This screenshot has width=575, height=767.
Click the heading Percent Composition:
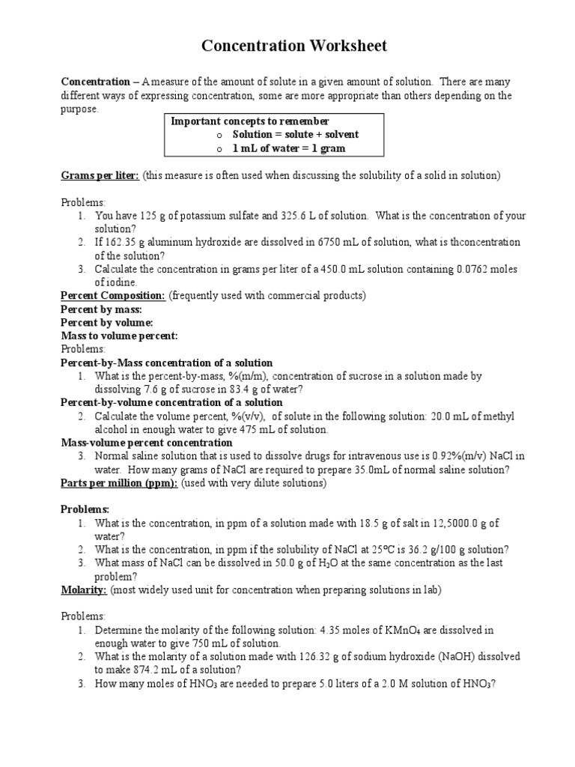coord(112,295)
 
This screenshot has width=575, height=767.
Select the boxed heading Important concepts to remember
coord(250,121)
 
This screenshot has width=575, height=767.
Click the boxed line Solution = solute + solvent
coord(295,134)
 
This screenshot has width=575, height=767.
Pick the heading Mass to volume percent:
coord(119,336)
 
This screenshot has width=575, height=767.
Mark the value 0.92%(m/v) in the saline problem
coord(460,456)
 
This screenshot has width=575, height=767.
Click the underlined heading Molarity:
coord(84,589)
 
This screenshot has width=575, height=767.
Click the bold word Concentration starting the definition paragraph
coord(95,81)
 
